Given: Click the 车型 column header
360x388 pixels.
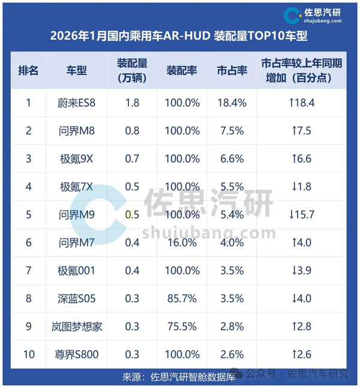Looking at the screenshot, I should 77,70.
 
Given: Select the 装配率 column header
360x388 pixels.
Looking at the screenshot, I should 182,70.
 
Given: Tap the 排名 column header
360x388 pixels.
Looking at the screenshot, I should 28,70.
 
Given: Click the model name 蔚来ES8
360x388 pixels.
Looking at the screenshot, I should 77,103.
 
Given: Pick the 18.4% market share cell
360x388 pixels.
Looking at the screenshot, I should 232,103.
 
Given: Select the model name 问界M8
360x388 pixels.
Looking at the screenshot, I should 77,131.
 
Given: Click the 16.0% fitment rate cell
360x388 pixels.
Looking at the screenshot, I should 182,242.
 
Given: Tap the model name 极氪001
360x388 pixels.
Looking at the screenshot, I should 77,271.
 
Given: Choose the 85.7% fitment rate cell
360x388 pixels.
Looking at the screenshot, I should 182,299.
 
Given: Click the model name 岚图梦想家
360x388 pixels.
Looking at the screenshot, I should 77,327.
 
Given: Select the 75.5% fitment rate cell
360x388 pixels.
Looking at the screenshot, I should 182,327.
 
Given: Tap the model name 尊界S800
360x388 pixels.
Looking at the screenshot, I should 77,354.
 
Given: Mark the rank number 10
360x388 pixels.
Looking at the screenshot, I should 28,354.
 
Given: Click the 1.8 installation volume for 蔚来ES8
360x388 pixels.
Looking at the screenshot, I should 132,103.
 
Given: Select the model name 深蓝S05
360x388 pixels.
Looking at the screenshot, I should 77,299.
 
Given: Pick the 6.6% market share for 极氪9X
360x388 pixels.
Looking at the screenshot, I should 232,159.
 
